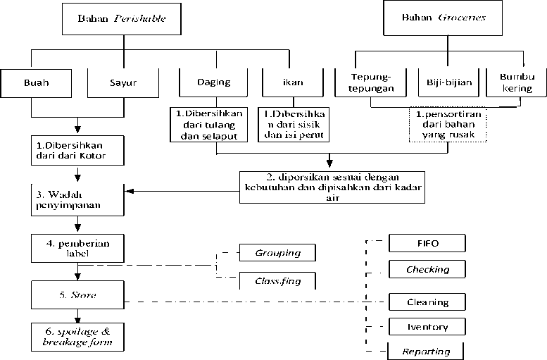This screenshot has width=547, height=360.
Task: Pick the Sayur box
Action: [x=121, y=82]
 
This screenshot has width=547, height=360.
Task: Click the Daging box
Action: [x=214, y=82]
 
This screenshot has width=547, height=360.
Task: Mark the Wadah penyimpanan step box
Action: [x=77, y=200]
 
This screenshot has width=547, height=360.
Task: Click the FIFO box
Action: [x=427, y=243]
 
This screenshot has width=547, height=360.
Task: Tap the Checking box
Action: [x=427, y=269]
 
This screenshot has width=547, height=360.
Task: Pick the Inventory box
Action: [x=427, y=327]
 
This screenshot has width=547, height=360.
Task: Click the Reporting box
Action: [x=427, y=350]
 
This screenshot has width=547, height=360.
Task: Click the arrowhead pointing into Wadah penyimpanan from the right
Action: [x=128, y=190]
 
